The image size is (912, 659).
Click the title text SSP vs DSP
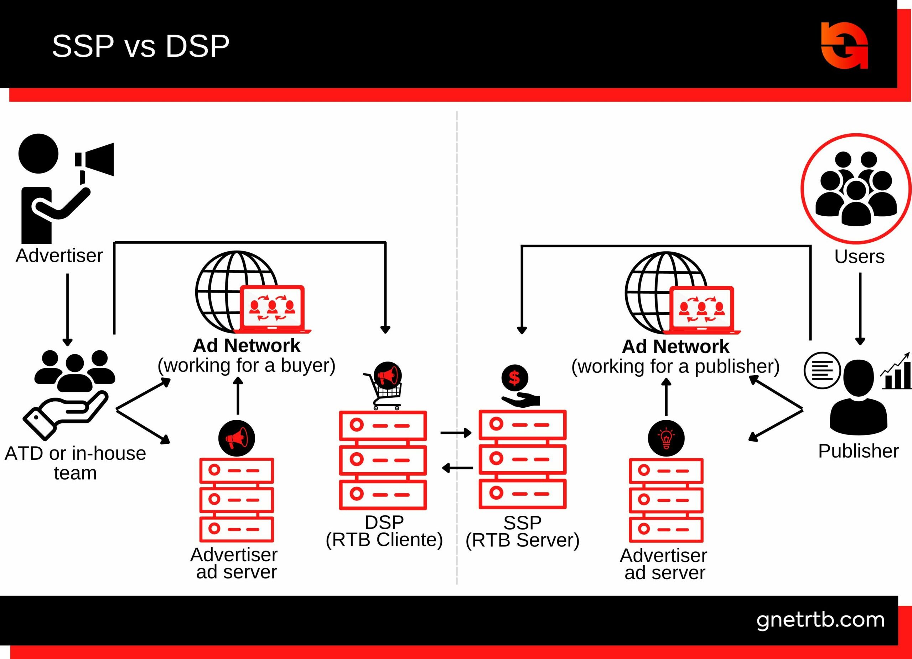pos(140,46)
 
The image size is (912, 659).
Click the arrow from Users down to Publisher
pos(860,308)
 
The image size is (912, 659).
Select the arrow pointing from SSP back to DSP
pos(457,468)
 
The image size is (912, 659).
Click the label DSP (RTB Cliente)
pos(384,531)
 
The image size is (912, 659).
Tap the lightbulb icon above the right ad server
pos(666,438)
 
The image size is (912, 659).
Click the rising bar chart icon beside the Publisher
pos(896,372)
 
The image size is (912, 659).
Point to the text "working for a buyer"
pos(246,365)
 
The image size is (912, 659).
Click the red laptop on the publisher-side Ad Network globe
pos(701,310)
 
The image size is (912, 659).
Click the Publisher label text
pos(858,451)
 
